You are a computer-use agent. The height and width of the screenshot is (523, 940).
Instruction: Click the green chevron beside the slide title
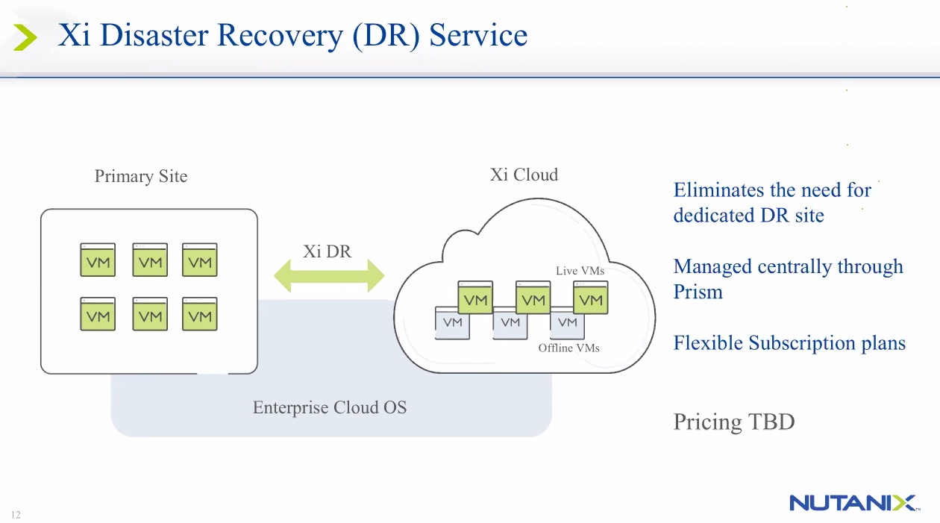tap(25, 37)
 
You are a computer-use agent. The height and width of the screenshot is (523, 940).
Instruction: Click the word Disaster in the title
tap(154, 35)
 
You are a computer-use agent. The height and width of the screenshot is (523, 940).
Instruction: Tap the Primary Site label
tap(141, 176)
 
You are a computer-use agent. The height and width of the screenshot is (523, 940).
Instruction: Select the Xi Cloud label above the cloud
tap(524, 174)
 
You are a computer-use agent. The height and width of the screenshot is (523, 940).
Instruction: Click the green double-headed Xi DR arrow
tap(329, 276)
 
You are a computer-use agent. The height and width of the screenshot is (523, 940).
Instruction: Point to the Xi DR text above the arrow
tap(327, 251)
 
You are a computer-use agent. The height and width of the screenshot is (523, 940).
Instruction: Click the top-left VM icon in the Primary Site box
tap(98, 260)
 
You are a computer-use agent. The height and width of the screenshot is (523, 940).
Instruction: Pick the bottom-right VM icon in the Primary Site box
tap(200, 314)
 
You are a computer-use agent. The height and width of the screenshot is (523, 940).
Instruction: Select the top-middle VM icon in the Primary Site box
tap(150, 260)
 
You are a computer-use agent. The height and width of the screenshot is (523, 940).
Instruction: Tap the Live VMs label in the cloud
tap(580, 271)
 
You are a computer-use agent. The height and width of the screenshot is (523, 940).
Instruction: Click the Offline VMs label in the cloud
tap(568, 348)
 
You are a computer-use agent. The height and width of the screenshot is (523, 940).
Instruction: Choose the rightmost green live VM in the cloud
tap(590, 298)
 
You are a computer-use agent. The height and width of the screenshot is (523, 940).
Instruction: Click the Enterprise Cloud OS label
tap(330, 407)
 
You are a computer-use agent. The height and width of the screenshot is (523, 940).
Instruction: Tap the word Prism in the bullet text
tap(698, 291)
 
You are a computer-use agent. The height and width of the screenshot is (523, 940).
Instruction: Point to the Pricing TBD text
tap(734, 422)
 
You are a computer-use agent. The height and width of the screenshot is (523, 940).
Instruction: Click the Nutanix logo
tap(854, 503)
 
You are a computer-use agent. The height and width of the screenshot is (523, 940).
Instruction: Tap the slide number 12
tap(16, 515)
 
